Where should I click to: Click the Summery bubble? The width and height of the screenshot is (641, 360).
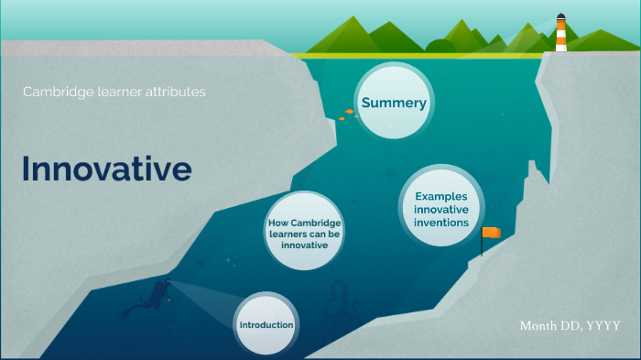(x=394, y=103)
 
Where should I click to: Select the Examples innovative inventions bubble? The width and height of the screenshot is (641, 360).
(x=441, y=209)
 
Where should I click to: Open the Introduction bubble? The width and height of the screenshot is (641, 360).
(x=266, y=326)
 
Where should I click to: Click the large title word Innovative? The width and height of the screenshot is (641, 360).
(x=106, y=169)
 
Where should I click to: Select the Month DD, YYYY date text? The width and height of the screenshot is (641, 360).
(x=570, y=326)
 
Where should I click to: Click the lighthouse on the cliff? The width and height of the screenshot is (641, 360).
(x=560, y=34)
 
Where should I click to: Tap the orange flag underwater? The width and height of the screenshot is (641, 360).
(x=492, y=233)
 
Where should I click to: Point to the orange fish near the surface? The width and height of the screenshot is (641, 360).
(x=349, y=113)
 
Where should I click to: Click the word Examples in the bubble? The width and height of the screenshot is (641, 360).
(x=441, y=196)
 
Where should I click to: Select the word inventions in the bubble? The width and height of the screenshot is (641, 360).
(x=441, y=223)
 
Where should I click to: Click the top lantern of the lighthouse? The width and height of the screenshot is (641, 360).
(x=560, y=19)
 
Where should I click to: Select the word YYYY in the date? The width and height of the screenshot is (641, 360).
(x=603, y=326)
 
